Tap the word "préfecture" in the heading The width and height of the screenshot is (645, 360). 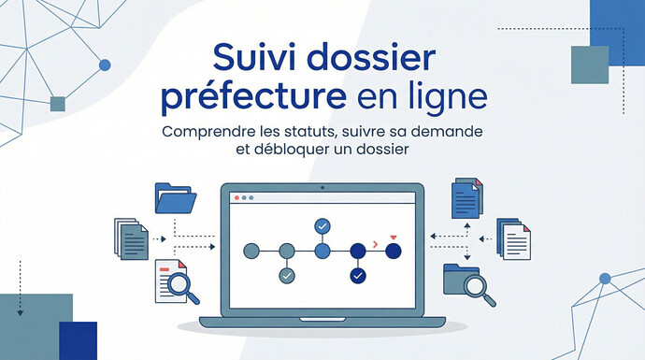click(253, 97)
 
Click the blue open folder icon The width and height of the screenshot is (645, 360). click(176, 198)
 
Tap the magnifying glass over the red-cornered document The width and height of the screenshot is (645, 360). click(181, 286)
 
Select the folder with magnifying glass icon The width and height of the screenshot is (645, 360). click(469, 285)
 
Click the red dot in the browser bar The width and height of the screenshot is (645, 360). click(236, 198)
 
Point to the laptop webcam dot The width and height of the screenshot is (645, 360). click(322, 188)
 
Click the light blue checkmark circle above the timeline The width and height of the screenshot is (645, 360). click(322, 226)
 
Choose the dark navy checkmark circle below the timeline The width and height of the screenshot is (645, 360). click(358, 276)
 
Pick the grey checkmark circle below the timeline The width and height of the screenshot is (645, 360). click(287, 276)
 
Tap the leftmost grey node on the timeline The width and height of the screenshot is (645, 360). click(251, 251)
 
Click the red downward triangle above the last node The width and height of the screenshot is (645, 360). click(394, 238)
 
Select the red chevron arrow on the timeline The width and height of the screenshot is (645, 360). click(375, 244)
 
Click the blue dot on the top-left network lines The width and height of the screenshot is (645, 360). click(105, 65)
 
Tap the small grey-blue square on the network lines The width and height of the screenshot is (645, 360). click(58, 104)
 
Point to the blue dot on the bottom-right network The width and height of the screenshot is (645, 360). click(605, 279)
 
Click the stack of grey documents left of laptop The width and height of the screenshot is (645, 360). click(131, 239)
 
